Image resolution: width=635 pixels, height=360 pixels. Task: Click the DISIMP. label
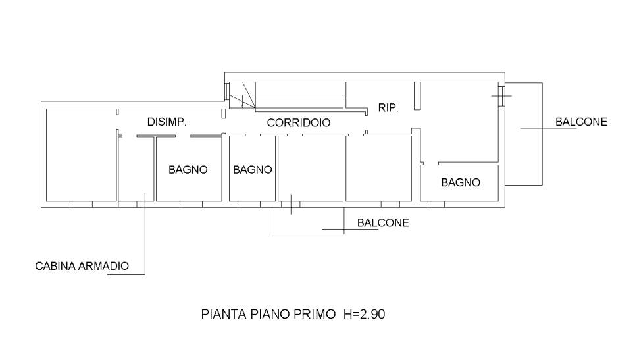tap(167, 122)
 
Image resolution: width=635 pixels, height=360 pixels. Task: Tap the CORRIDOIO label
tap(299, 122)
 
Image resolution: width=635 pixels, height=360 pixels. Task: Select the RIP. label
tap(388, 108)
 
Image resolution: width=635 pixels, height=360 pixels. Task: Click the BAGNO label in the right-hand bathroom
tap(461, 182)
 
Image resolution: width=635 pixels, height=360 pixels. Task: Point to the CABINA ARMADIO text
tap(82, 266)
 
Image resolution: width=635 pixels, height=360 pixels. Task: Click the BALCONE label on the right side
tap(581, 122)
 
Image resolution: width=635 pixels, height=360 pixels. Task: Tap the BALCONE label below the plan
tap(383, 222)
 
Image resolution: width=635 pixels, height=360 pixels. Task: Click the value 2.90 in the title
tap(372, 314)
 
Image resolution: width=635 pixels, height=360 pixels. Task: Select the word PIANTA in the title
tap(224, 314)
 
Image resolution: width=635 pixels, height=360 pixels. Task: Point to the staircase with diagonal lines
tap(242, 95)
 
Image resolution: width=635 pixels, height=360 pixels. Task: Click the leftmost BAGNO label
tap(188, 170)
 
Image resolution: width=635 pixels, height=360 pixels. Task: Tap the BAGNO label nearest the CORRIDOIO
tap(252, 170)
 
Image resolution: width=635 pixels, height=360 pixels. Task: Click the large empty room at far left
tap(82, 155)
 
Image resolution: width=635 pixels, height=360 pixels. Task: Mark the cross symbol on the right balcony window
tap(501, 96)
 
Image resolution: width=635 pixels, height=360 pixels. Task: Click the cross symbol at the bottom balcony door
tap(291, 204)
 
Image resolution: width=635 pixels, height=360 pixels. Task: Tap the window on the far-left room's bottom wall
tap(81, 205)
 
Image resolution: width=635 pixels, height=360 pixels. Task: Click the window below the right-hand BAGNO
tap(436, 205)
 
